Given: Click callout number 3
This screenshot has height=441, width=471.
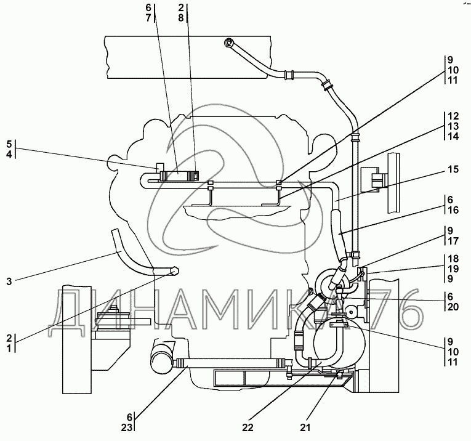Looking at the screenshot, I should (x=8, y=282).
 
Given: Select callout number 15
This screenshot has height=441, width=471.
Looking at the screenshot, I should (x=453, y=168).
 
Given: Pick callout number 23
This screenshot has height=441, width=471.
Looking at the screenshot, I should (x=130, y=425).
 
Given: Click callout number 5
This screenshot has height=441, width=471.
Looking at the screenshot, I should (x=9, y=144).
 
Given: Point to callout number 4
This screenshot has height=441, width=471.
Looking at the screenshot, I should (x=9, y=154).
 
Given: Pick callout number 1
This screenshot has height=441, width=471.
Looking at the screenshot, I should (x=9, y=349).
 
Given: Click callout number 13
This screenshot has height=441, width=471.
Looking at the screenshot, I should (x=453, y=126).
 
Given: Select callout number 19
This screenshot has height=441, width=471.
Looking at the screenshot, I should (x=453, y=269).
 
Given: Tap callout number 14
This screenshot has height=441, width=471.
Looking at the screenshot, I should (x=453, y=136).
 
